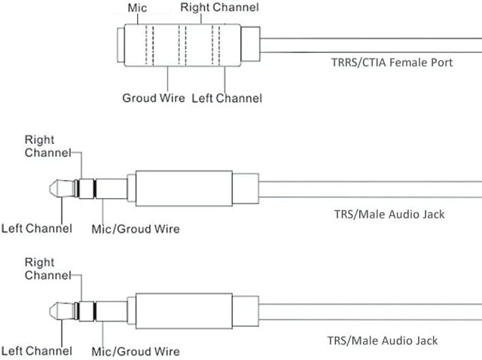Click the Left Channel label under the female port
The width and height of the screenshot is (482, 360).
click(x=227, y=98)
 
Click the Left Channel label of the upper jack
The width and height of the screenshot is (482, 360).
click(x=36, y=228)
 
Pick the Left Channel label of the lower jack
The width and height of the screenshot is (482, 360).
click(x=36, y=350)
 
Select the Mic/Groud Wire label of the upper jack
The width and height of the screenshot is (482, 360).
click(x=136, y=228)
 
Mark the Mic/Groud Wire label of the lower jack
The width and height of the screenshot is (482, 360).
click(x=136, y=350)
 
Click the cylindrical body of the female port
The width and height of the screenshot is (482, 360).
click(x=181, y=45)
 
